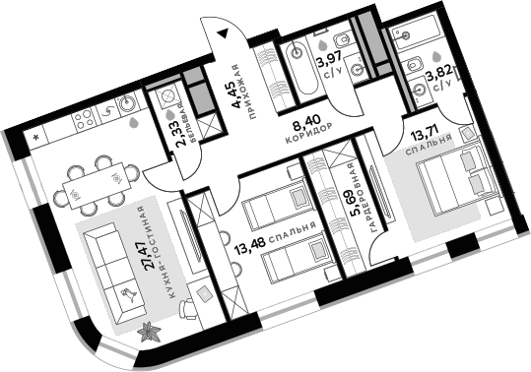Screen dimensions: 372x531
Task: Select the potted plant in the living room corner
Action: click(150, 332)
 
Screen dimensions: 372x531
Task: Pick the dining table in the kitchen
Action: click(93, 180)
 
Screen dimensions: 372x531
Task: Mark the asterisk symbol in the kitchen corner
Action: click(35, 137)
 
